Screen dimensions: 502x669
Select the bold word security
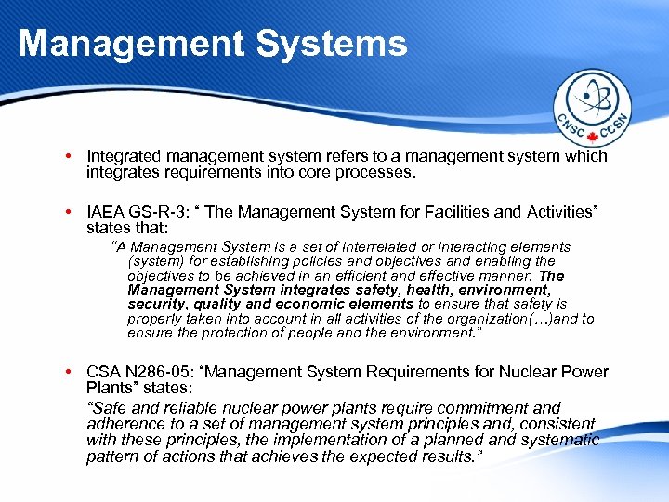(x=155, y=304)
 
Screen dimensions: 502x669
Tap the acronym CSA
(x=102, y=373)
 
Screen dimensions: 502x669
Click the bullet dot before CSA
(x=71, y=373)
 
